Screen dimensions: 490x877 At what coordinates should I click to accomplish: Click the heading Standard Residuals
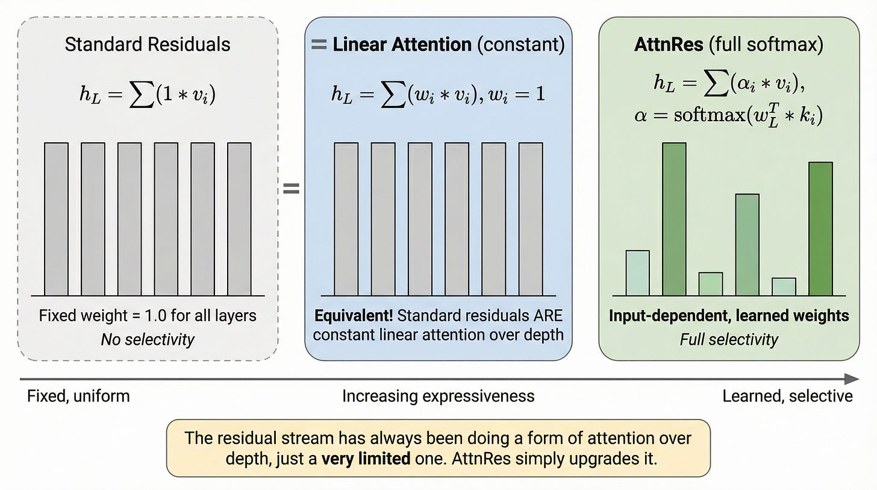tap(148, 45)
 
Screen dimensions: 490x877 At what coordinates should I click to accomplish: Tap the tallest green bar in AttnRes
tap(674, 219)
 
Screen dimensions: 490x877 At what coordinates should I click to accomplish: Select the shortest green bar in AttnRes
tap(784, 287)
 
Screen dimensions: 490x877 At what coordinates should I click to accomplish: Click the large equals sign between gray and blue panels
tap(291, 189)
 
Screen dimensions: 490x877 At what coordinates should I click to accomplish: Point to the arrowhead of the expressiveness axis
tap(852, 379)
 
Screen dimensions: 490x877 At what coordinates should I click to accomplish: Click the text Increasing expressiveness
tap(438, 396)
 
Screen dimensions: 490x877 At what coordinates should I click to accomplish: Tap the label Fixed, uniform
tap(78, 396)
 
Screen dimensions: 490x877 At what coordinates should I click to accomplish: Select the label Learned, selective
tap(787, 396)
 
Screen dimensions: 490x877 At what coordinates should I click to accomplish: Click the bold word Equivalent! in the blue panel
tap(352, 315)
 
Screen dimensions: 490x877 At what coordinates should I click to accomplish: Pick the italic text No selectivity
tap(148, 339)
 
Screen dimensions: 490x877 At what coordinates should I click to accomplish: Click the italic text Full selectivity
tap(729, 339)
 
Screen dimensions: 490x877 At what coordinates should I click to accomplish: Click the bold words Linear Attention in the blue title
tap(402, 45)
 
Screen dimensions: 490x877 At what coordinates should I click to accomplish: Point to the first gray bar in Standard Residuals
tap(56, 219)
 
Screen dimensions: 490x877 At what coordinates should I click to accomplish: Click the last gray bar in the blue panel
tap(530, 219)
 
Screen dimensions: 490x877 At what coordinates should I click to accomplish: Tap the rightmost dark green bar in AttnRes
tap(820, 229)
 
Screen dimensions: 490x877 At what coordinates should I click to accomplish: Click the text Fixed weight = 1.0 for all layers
tap(148, 315)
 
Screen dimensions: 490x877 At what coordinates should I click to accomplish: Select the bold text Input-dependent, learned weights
tap(729, 315)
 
